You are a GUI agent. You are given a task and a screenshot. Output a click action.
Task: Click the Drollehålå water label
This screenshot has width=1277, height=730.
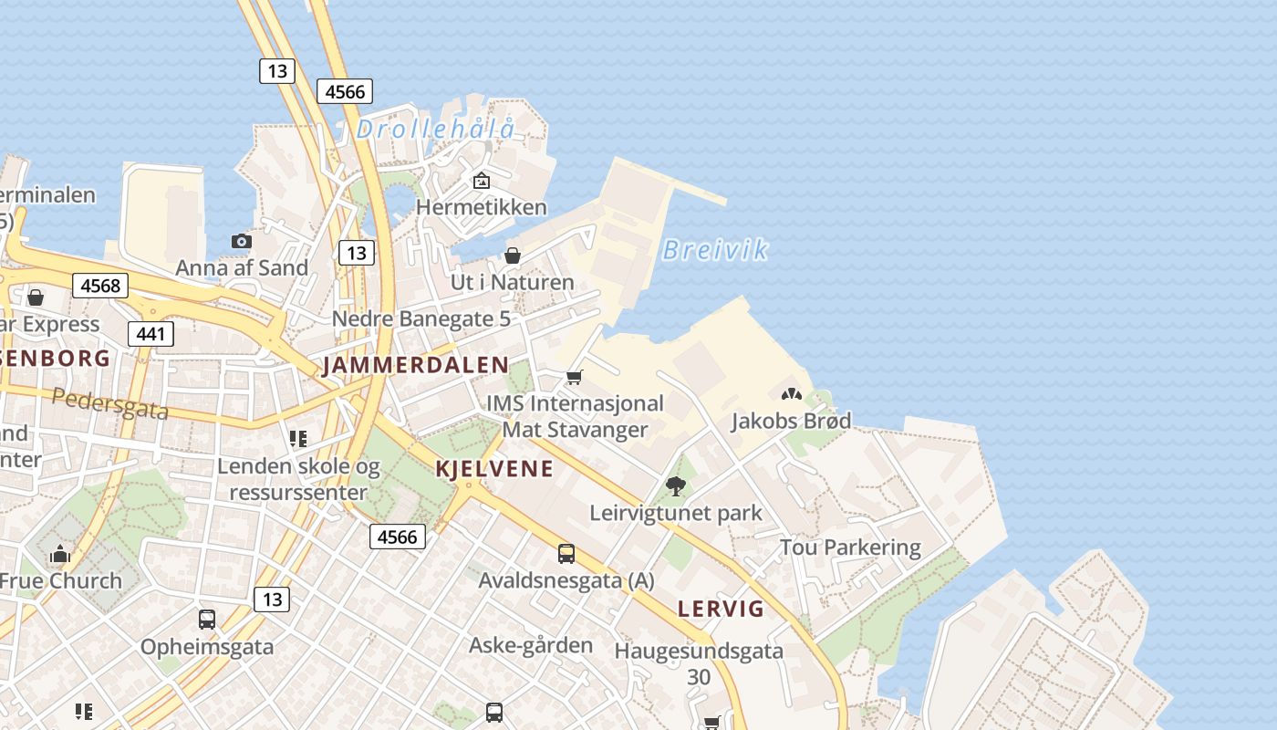[x=435, y=130]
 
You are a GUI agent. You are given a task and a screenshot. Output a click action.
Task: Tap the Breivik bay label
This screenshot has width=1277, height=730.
[x=714, y=250]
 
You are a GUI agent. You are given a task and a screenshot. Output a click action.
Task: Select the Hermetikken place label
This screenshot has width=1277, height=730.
[x=481, y=207]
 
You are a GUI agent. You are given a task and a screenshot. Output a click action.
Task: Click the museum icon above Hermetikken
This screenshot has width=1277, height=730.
[x=481, y=181]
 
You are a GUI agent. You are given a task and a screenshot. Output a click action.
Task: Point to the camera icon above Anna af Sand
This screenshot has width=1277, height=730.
[x=242, y=241]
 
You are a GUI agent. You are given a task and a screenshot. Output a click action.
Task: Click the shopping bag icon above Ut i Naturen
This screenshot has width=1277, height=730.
[x=513, y=255]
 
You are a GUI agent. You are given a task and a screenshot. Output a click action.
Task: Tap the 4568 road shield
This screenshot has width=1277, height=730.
[x=100, y=286]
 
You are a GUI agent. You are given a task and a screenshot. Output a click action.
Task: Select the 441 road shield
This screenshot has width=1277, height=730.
[x=151, y=334]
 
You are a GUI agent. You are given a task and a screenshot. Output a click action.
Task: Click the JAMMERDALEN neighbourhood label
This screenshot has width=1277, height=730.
[x=415, y=366]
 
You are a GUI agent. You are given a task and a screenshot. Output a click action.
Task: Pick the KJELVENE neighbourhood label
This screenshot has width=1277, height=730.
[x=494, y=469]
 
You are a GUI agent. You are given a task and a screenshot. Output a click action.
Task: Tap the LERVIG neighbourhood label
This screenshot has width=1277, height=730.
[x=721, y=609]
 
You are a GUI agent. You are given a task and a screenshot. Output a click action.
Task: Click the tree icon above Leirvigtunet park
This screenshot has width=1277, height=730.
[x=675, y=486]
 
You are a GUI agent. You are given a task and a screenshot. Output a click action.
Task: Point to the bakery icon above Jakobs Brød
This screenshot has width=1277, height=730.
[x=791, y=394]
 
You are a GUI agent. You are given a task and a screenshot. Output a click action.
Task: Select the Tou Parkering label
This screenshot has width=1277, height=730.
[x=850, y=547]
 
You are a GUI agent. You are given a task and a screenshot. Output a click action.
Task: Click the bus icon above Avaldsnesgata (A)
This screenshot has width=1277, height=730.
[x=566, y=553]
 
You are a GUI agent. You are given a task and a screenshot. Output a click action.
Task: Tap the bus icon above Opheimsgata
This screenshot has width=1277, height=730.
[x=207, y=620]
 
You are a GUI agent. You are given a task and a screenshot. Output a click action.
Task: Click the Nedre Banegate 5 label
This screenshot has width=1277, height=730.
[x=420, y=318]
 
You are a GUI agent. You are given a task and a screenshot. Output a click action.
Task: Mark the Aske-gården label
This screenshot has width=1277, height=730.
[x=530, y=645]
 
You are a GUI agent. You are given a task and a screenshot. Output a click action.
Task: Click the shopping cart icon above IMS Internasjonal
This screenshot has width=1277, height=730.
[x=575, y=377]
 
